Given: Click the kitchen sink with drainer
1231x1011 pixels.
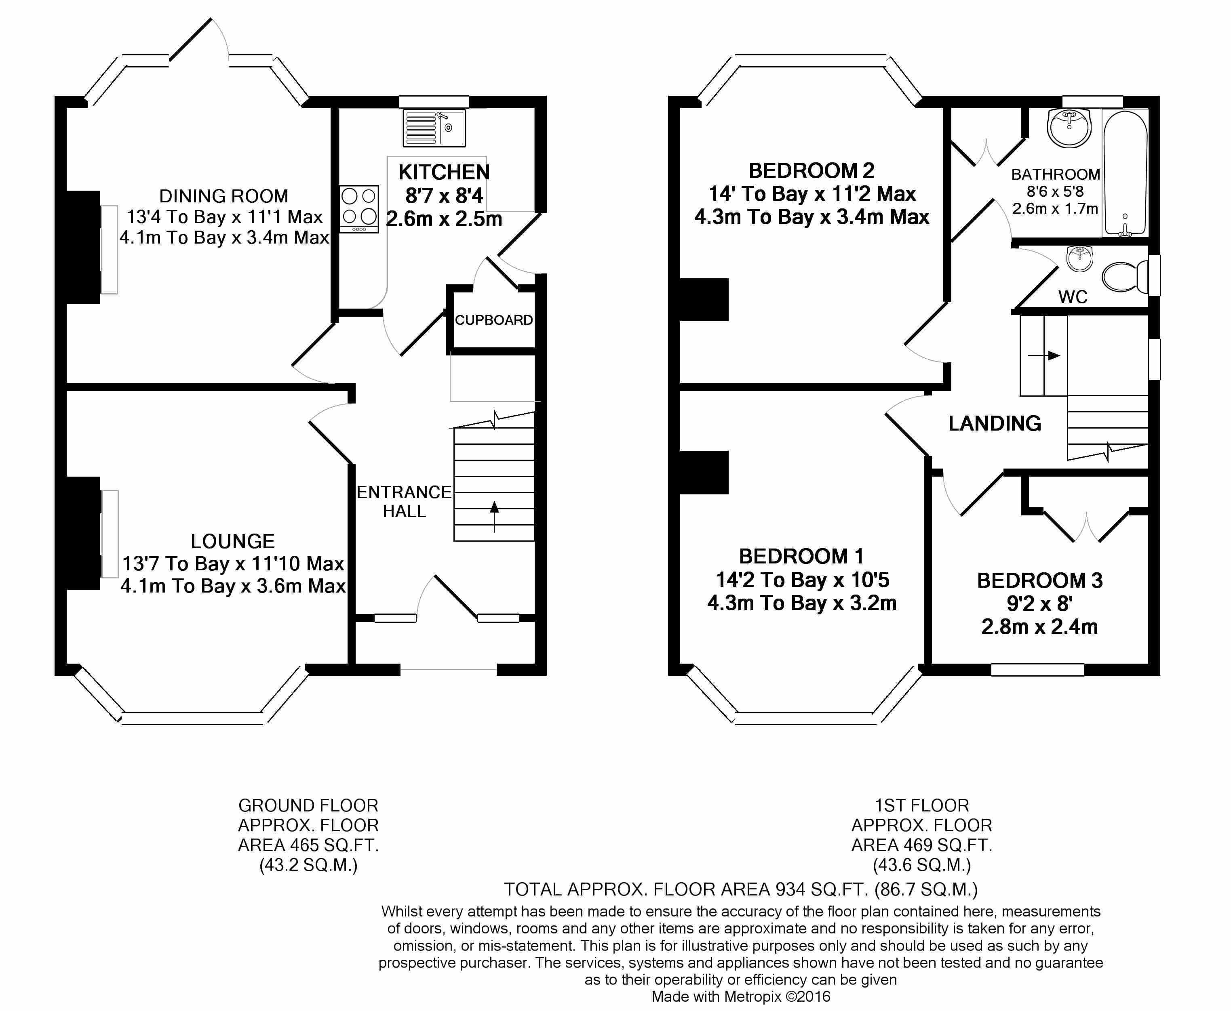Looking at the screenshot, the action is pos(434,128).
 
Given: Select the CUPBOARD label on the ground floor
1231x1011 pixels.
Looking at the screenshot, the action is pos(493,320).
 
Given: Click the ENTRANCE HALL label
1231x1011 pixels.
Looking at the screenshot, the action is pos(404,501).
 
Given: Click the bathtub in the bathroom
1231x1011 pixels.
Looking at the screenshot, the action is pos(1125,174).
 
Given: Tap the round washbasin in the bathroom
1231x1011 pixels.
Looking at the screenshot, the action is pos(1069,128).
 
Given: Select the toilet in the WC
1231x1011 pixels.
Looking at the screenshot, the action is pos(1126,277).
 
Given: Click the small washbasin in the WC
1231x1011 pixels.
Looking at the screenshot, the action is pos(1079,259).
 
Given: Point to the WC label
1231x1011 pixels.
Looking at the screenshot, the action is pos(1073,297).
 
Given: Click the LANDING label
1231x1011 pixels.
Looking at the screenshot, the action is pos(995,423).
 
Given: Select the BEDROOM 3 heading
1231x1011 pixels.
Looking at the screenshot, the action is pos(1040,580).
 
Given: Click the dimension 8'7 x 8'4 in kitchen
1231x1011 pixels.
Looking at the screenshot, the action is pos(444,195).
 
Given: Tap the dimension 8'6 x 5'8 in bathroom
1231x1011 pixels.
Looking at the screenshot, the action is pos(1055,191).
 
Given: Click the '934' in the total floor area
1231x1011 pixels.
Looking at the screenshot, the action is pos(790,889).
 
